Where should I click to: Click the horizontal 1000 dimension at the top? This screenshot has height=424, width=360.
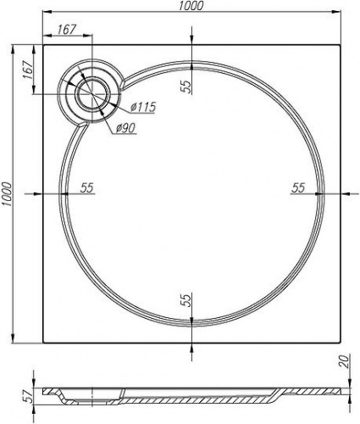191,6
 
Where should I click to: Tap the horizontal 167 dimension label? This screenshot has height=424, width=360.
67,30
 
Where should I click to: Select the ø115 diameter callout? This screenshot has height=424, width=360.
143,107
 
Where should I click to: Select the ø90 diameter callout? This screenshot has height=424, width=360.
125,129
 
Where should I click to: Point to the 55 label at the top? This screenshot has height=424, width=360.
186,86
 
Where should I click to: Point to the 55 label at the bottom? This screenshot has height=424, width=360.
186,300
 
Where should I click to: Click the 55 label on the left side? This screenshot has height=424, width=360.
87,187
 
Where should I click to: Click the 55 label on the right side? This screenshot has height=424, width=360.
298,187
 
